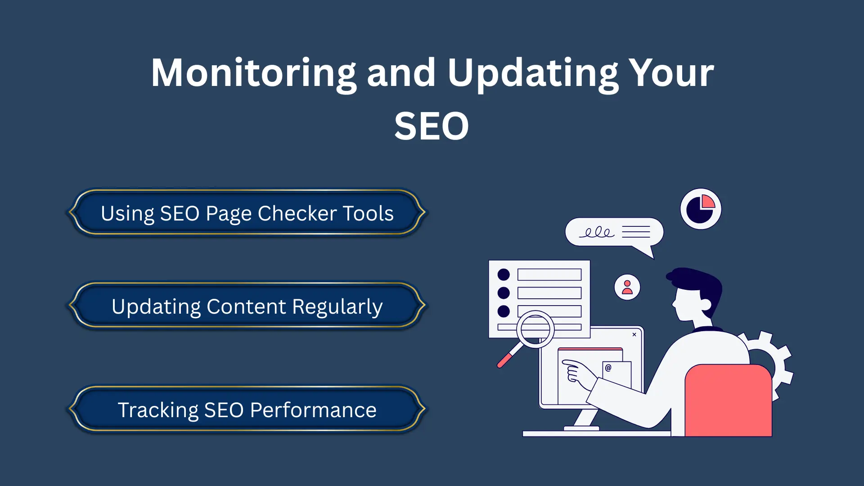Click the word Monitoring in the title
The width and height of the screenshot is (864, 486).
point(253,73)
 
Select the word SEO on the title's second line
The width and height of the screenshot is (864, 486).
point(432,126)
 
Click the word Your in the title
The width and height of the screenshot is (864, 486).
point(671,73)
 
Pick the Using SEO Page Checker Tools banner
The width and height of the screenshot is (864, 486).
point(247,213)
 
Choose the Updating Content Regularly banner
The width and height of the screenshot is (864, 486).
point(247,306)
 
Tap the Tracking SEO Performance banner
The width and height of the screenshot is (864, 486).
point(247,409)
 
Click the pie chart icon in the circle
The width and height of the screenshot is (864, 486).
point(701,209)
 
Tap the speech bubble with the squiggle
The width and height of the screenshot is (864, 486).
point(614,232)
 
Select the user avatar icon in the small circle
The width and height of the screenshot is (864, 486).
point(627,287)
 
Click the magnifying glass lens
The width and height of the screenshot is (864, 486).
point(535,329)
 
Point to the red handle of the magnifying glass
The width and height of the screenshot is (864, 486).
point(505,360)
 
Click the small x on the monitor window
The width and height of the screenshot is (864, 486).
point(634,334)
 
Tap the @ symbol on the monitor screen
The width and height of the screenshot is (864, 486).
point(608,368)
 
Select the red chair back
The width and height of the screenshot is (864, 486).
point(728,400)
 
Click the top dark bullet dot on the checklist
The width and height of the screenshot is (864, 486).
point(504,274)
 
